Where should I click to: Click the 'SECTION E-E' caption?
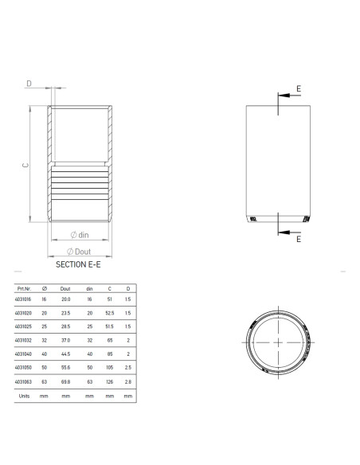click(x=78, y=262)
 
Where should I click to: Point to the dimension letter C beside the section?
click(x=25, y=165)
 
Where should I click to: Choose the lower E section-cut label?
click(x=298, y=238)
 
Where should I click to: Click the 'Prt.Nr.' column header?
click(x=22, y=289)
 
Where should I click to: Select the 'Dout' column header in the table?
click(x=66, y=289)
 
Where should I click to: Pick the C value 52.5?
click(x=110, y=314)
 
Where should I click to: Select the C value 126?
click(x=110, y=381)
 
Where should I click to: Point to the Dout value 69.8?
click(x=66, y=381)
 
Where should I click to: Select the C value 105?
click(x=110, y=368)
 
